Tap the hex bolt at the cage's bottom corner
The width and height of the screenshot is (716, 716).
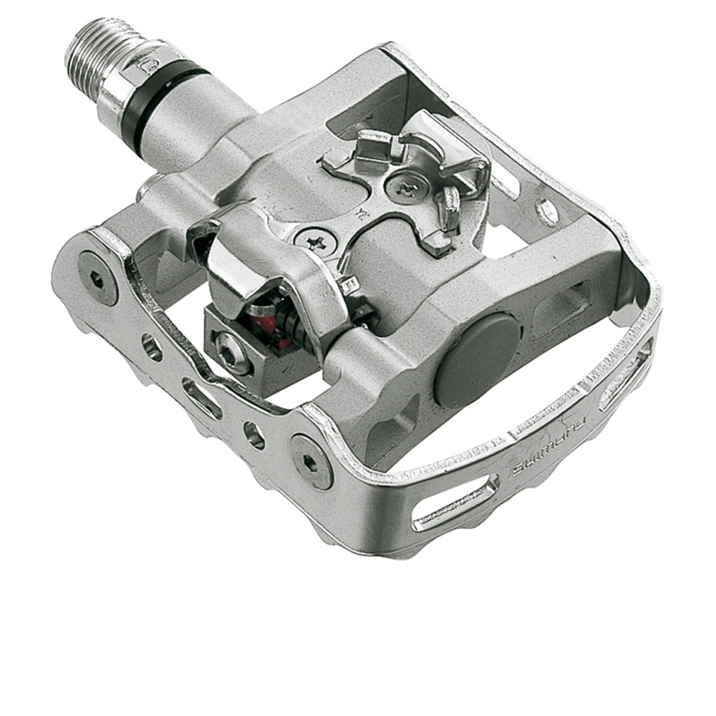tap(310, 460)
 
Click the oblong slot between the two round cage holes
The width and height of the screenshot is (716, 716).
tap(201, 397)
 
